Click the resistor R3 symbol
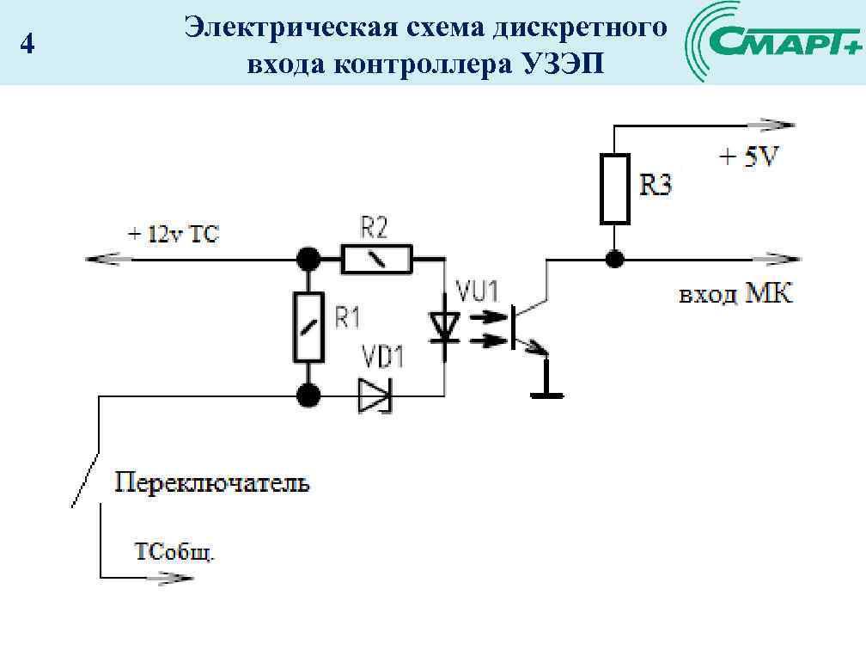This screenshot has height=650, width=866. coord(614,188)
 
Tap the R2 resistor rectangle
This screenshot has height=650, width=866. coord(376,258)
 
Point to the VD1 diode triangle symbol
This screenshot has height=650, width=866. coord(375,396)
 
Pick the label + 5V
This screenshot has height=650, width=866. coord(747,158)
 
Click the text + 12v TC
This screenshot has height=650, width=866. coord(174,234)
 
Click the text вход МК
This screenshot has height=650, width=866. coord(736,295)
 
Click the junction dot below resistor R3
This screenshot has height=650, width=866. coord(614,258)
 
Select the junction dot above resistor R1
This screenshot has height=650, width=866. coord(308,258)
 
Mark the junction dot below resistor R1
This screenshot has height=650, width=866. coord(308,396)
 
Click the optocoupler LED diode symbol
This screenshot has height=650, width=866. coord(444,325)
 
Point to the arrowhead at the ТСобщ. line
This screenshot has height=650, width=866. coord(175,577)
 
